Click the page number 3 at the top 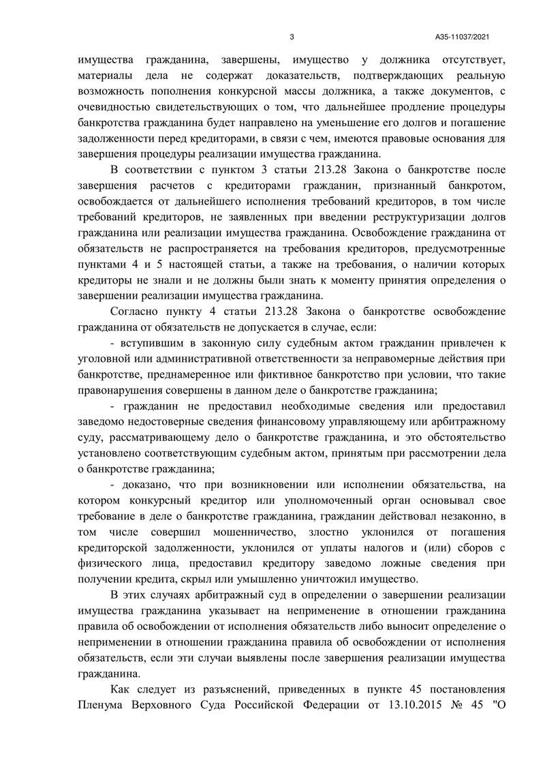click(292, 37)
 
